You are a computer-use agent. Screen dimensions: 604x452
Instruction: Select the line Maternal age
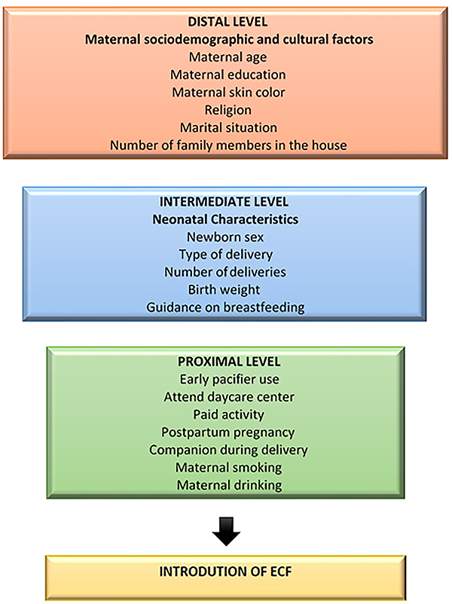[228, 56]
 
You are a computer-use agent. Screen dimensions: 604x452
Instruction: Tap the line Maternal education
[228, 75]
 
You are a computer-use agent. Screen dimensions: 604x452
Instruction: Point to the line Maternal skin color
[228, 92]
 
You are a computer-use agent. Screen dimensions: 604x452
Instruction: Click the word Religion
[228, 110]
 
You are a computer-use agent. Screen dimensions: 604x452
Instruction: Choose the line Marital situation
[228, 127]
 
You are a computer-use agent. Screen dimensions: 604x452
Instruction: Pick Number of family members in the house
[228, 145]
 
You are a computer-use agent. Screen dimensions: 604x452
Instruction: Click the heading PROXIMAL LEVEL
[228, 363]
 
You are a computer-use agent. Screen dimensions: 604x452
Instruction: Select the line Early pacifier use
[228, 380]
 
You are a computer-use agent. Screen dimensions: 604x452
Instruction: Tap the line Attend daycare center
[228, 397]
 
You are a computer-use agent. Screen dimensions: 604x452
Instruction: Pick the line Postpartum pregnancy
[228, 432]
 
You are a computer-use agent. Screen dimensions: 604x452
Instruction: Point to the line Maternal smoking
[228, 468]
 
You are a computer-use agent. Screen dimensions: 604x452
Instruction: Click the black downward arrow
[228, 531]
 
